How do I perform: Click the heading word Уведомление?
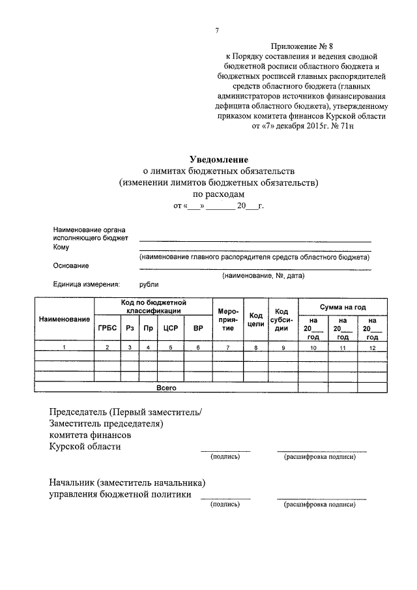coord(219,159)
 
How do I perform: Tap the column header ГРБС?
coord(107,328)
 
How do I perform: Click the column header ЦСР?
coord(171,328)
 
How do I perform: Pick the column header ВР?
coord(197,328)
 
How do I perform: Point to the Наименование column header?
coord(64,319)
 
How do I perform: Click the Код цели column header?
coord(256,320)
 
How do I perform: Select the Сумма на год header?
coord(343,306)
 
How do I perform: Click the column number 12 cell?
coord(372,349)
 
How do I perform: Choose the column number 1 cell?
coord(64,349)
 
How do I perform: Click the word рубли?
coord(149,284)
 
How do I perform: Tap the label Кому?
coord(61,248)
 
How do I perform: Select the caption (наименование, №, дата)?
coord(263,275)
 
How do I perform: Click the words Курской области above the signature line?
coord(85,447)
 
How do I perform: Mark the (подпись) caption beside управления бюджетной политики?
coord(225,504)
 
